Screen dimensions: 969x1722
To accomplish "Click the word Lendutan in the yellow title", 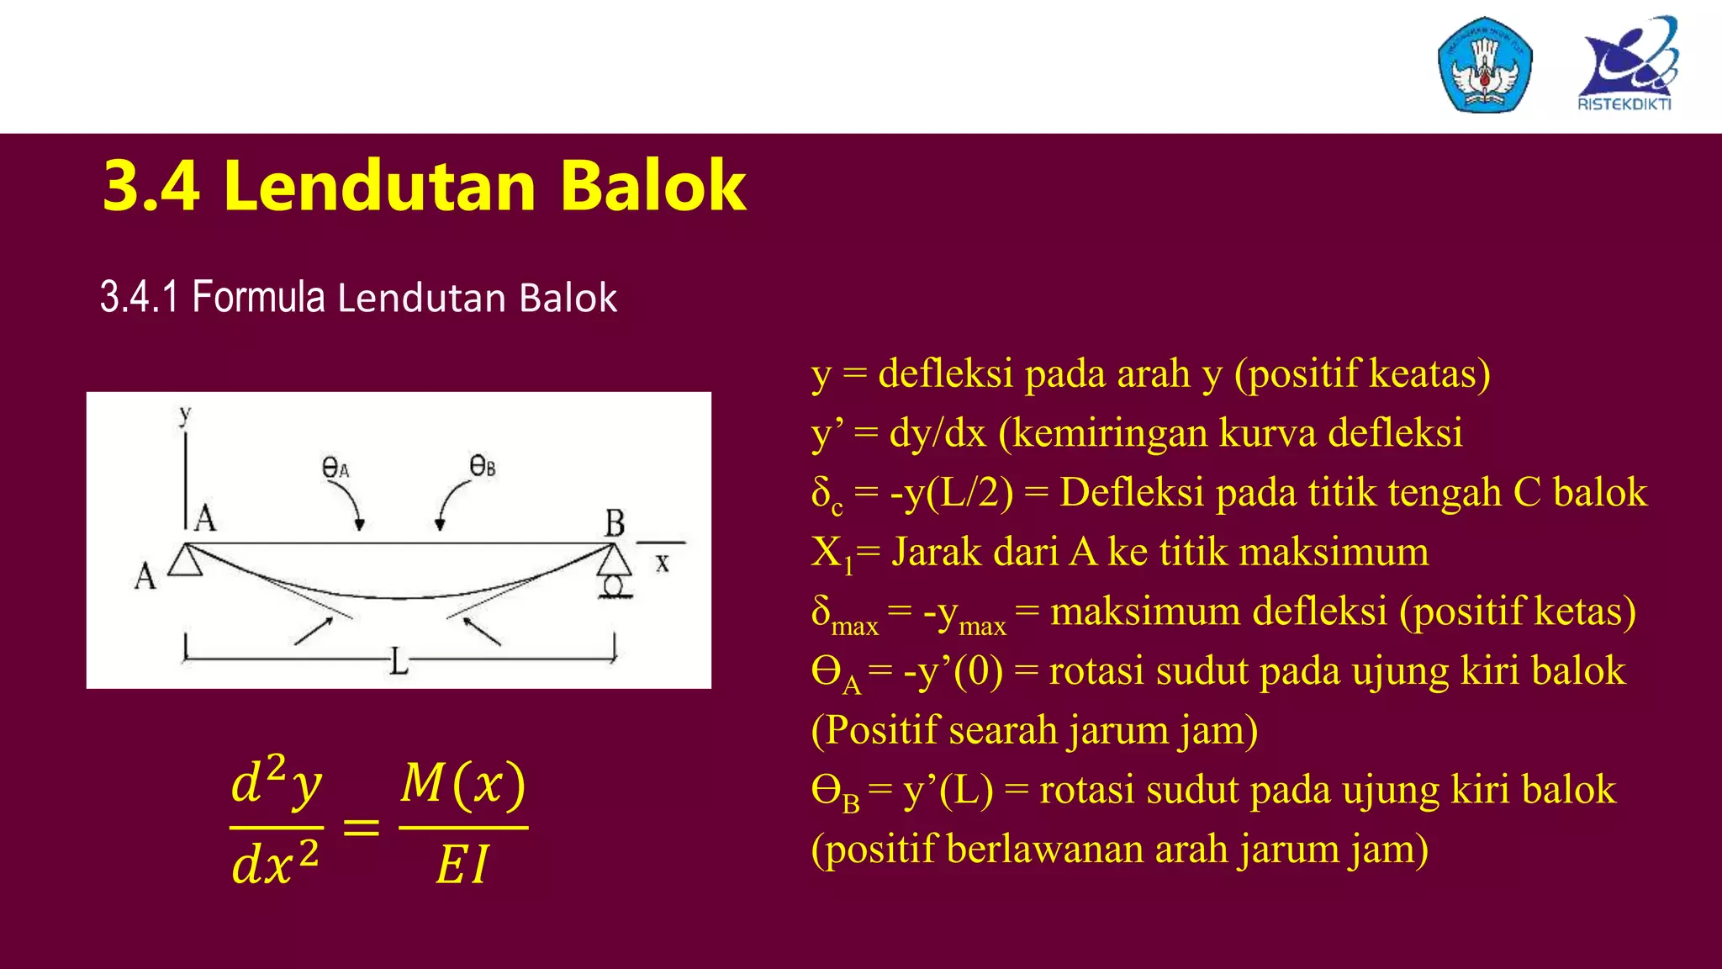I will point(379,186).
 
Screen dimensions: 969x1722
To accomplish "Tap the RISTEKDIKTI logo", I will point(1627,65).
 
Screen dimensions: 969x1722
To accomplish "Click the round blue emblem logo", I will point(1485,66).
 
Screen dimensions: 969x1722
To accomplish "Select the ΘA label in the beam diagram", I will point(335,468).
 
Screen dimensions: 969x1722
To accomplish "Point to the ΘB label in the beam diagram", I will point(483,465).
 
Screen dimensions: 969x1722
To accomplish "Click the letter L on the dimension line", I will point(399,662).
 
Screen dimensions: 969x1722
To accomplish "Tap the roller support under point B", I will point(614,584).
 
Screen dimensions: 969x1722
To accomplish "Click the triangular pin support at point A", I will point(185,560).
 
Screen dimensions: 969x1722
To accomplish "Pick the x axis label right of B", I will point(663,563).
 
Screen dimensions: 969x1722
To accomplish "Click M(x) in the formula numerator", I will point(463,784).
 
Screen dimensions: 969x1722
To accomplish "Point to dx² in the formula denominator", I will point(275,864).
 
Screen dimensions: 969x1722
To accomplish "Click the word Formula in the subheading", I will point(258,298).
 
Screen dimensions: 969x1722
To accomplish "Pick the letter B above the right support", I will point(615,523).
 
